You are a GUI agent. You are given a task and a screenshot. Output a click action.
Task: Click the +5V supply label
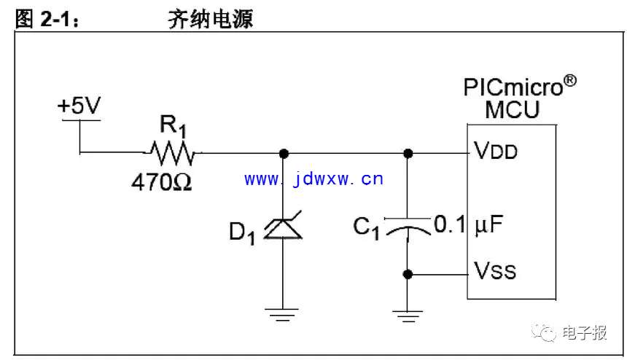pyautogui.click(x=80, y=106)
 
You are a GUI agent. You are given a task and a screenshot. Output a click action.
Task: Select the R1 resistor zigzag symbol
pyautogui.click(x=172, y=153)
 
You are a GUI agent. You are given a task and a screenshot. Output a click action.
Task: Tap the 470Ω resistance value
pyautogui.click(x=161, y=181)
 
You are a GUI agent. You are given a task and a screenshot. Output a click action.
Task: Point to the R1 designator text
pyautogui.click(x=174, y=125)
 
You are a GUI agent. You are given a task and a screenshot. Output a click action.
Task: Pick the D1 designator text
pyautogui.click(x=242, y=233)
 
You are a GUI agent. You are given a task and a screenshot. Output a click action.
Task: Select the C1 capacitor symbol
pyautogui.click(x=408, y=227)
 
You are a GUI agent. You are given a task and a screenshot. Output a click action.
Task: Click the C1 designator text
pyautogui.click(x=367, y=228)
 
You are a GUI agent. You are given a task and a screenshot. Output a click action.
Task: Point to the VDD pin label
pyautogui.click(x=496, y=153)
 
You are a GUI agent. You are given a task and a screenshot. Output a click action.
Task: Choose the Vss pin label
pyautogui.click(x=495, y=273)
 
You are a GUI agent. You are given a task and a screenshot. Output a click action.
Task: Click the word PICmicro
pyautogui.click(x=514, y=88)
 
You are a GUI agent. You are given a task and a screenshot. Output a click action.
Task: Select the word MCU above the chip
pyautogui.click(x=513, y=111)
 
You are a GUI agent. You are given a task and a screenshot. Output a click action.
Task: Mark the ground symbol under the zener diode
pyautogui.click(x=283, y=315)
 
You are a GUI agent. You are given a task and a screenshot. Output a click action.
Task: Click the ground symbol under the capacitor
pyautogui.click(x=408, y=315)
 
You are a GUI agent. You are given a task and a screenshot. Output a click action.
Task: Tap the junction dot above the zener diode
pyautogui.click(x=283, y=153)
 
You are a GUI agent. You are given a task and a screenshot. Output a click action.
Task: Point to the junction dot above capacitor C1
pyautogui.click(x=408, y=153)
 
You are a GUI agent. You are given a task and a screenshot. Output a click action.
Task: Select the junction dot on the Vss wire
pyautogui.click(x=408, y=274)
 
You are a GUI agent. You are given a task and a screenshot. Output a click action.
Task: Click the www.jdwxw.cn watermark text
pyautogui.click(x=313, y=179)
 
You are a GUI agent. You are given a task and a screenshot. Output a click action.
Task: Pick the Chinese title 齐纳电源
pyautogui.click(x=210, y=20)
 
